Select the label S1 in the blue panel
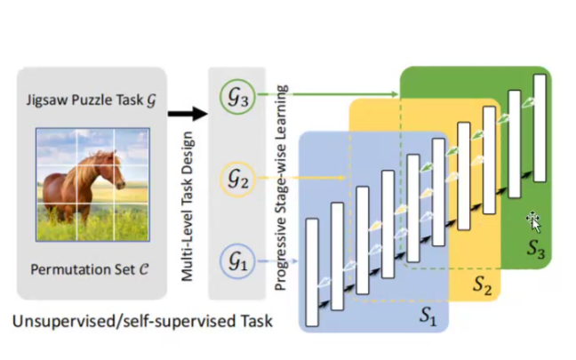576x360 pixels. pos(427,314)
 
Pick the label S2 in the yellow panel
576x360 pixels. pos(482,285)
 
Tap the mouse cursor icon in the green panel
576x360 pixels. pos(533,219)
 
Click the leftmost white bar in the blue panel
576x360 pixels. pos(311,271)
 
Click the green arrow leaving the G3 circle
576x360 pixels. pos(329,92)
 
